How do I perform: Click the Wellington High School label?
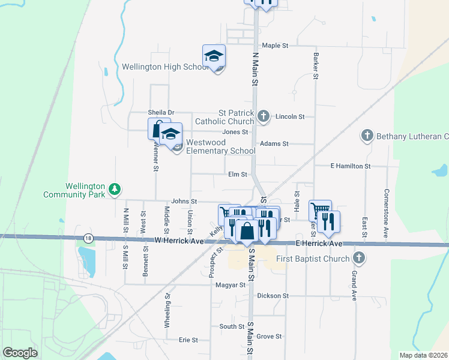(165, 67)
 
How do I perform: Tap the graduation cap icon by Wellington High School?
(214, 56)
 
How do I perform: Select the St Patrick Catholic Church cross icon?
(263, 116)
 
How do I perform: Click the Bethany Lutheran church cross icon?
(367, 136)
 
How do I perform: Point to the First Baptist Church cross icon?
(359, 259)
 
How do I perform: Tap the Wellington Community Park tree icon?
(114, 190)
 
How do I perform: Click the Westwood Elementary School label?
(220, 146)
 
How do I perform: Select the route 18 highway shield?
(89, 238)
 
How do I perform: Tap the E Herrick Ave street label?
(319, 244)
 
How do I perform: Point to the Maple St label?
(276, 46)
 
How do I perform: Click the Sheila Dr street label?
(161, 112)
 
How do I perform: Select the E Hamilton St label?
(351, 166)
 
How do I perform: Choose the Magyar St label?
(229, 285)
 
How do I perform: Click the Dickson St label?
(273, 296)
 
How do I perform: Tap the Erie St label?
(188, 340)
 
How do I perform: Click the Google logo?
(20, 353)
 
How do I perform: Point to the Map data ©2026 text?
(423, 355)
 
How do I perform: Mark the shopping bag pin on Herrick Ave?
(247, 230)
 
